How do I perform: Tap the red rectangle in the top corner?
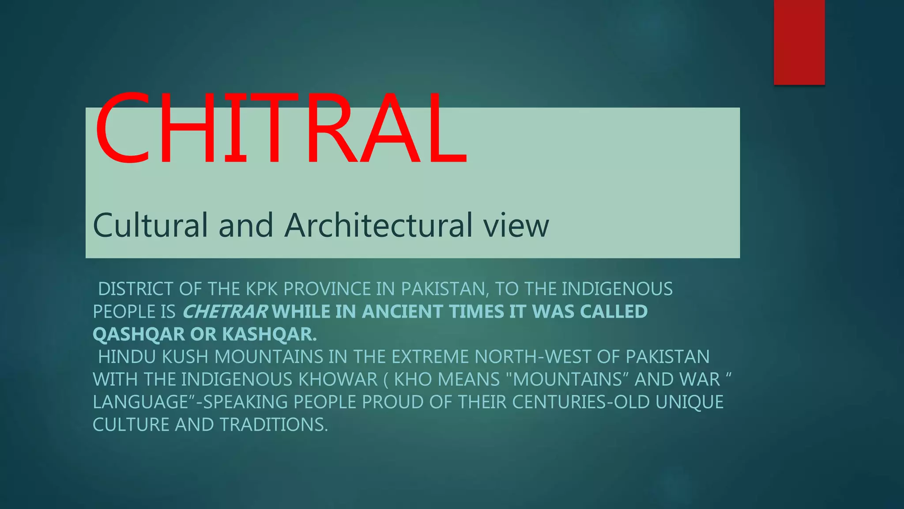[799, 42]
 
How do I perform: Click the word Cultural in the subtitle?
[150, 225]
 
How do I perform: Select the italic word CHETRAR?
[225, 312]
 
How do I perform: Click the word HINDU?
[127, 357]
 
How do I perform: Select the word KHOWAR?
[338, 380]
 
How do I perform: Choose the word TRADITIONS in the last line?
[274, 425]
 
